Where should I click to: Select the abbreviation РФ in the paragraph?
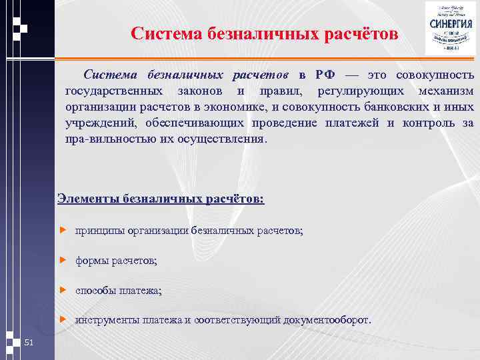(x=315, y=73)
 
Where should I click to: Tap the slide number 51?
(x=29, y=343)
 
